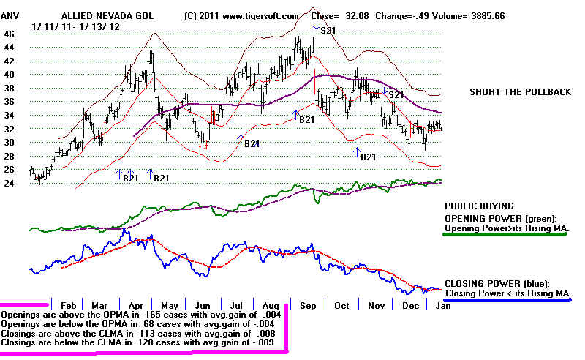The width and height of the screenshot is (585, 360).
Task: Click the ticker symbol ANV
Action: coord(10,16)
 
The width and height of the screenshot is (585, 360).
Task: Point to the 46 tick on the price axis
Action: coord(9,34)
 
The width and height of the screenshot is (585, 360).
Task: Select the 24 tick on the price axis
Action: coord(9,184)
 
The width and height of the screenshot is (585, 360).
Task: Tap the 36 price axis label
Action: coord(9,102)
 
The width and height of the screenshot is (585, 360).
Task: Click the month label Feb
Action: coord(68,305)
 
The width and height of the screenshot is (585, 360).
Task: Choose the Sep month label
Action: coord(308,305)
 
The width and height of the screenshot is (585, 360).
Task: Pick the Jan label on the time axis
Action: coord(443,305)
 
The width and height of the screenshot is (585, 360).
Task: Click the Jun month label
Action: coord(203,305)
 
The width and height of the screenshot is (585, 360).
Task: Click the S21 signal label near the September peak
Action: coord(328,31)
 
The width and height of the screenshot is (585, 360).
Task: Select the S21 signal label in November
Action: coord(396,95)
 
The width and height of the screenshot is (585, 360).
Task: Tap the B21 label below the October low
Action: coord(369,157)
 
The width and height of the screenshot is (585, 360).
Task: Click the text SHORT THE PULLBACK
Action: coord(520,92)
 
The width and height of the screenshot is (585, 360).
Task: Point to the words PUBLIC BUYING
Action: coord(479,206)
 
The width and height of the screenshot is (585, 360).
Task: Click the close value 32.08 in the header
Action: coord(357,16)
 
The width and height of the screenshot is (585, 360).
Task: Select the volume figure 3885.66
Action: coord(488,16)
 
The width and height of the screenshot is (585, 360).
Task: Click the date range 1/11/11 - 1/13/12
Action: coord(76,27)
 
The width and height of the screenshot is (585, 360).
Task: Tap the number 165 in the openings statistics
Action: coord(153,315)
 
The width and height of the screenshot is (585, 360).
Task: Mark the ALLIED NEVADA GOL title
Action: coord(107,16)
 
